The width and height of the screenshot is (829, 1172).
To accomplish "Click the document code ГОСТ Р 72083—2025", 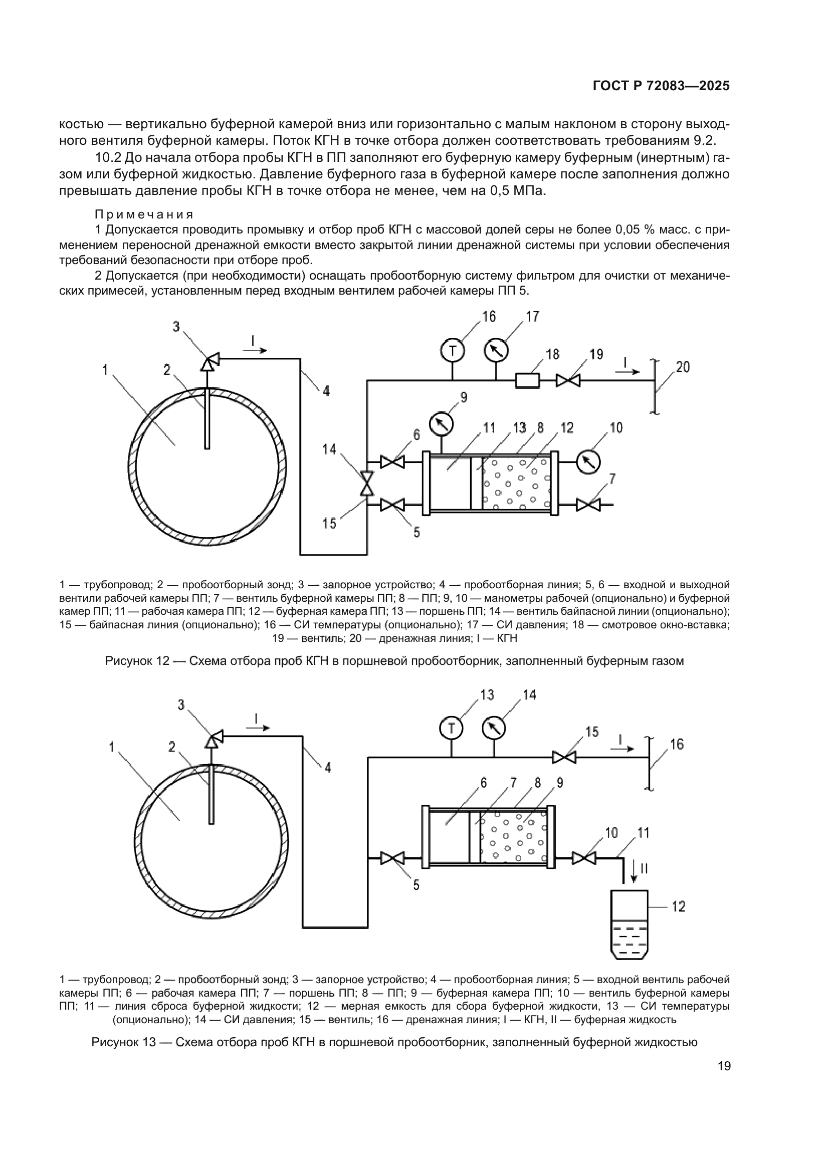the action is (661, 86).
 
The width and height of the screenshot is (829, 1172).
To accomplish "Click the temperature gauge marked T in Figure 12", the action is (452, 351).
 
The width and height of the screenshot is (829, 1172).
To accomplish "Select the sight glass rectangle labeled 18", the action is (527, 380).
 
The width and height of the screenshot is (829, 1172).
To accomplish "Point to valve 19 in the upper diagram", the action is (568, 380).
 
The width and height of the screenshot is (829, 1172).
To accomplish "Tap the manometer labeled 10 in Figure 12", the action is (588, 462).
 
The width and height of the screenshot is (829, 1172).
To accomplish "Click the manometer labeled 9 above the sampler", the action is (441, 423).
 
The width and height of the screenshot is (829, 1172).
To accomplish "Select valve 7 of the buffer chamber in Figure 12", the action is (588, 506).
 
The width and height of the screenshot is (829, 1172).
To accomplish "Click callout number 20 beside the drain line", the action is (683, 367).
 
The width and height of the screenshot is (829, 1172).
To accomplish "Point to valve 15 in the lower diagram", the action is (564, 758).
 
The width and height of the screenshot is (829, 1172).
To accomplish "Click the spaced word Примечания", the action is (144, 214).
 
